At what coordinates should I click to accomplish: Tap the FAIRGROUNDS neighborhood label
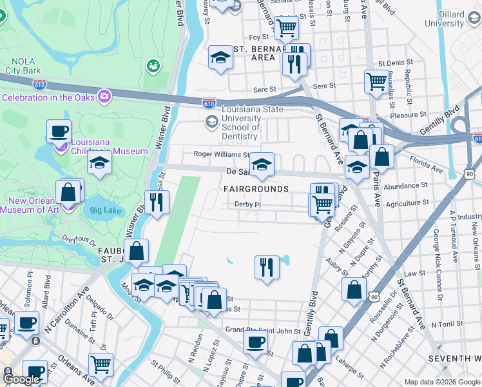[x=256, y=189]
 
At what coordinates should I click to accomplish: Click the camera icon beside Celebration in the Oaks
[x=104, y=97]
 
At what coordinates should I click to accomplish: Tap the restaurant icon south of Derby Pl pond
[x=267, y=266]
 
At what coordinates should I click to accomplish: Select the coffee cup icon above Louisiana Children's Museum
[x=59, y=131]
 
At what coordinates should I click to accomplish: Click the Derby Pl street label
[x=247, y=204]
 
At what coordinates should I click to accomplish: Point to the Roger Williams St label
[x=222, y=155]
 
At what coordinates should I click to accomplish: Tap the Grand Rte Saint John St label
[x=263, y=330]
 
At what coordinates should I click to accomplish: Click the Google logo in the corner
[x=22, y=379]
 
